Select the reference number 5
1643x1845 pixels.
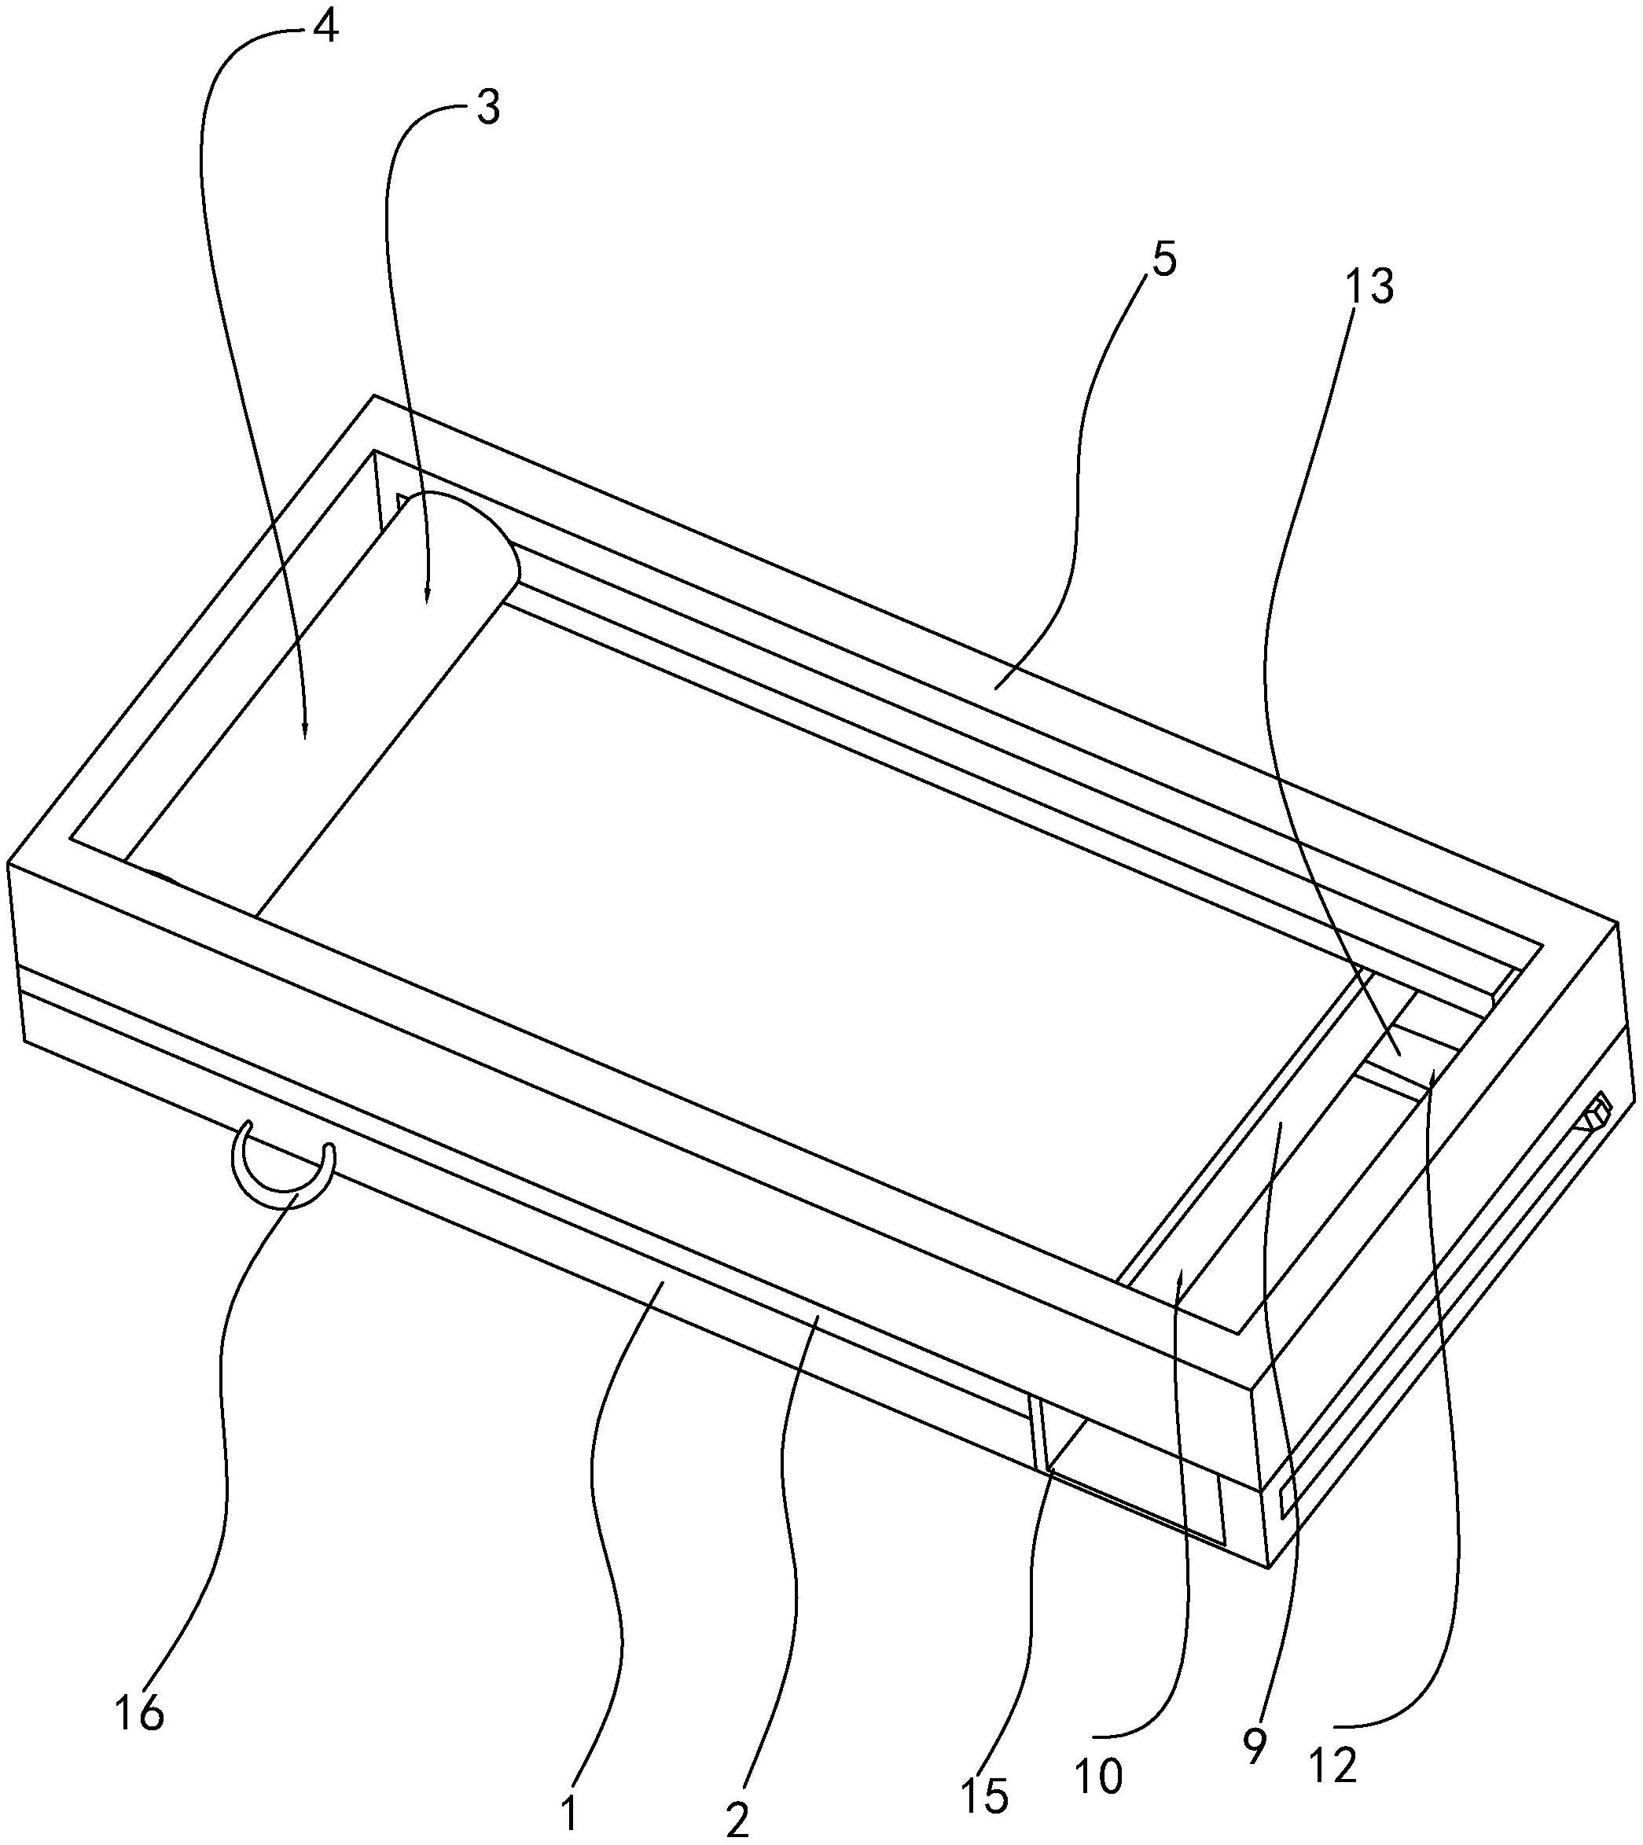click(1163, 262)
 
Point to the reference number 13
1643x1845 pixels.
click(1370, 287)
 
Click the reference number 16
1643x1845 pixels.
click(140, 1712)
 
